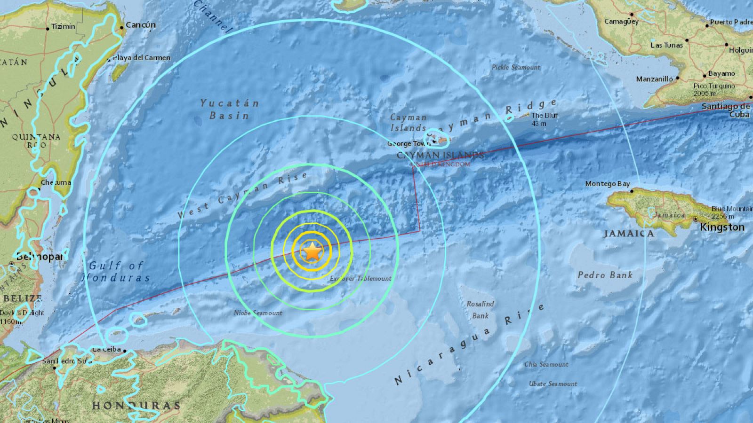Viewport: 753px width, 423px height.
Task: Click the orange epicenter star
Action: point(312,253)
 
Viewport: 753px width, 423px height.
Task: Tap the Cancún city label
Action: point(141,25)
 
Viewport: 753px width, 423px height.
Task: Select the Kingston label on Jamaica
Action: point(722,227)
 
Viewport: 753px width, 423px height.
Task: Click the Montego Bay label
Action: point(607,184)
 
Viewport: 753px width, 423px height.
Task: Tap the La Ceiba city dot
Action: point(125,350)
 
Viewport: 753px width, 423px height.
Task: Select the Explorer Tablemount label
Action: point(360,278)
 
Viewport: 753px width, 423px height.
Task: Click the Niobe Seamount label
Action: point(258,313)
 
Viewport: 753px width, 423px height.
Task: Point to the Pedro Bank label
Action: point(605,275)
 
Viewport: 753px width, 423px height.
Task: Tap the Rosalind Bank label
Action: point(480,310)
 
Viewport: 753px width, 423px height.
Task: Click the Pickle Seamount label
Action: point(516,67)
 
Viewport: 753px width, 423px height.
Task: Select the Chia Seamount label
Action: point(546,364)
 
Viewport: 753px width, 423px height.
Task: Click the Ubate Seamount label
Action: point(553,384)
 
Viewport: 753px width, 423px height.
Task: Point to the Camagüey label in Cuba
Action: point(621,22)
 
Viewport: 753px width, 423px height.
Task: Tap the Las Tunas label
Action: point(666,45)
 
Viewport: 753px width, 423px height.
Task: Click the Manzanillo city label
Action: point(654,79)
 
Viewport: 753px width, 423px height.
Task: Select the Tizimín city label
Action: point(63,26)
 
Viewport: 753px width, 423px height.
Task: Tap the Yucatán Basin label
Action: point(229,109)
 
